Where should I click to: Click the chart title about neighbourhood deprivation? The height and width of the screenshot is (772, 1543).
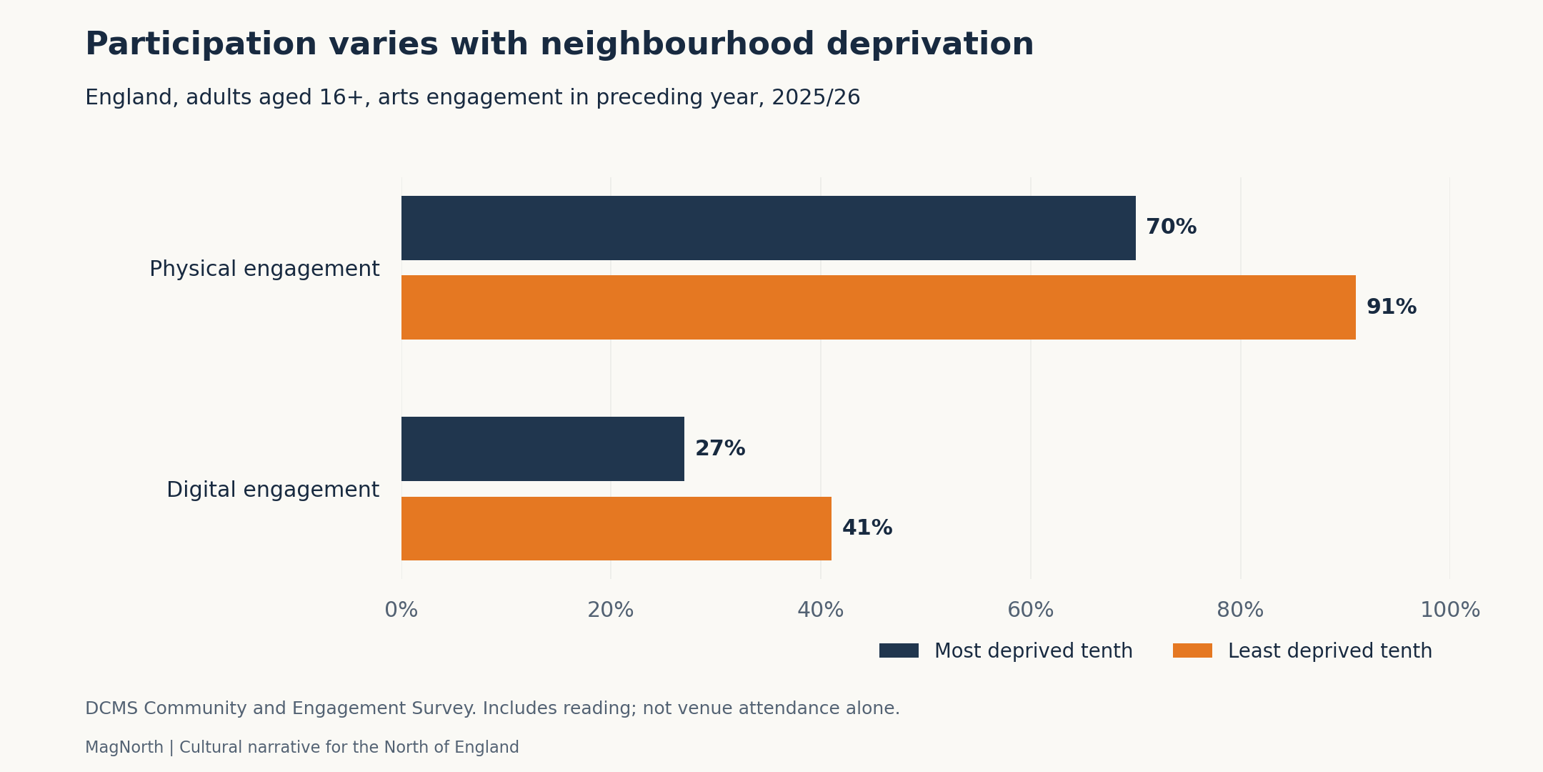point(559,44)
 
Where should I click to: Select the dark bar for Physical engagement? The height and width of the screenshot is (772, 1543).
point(768,228)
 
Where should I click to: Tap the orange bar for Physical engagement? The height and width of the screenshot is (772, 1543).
point(878,307)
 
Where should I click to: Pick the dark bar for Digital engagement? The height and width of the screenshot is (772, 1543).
point(542,449)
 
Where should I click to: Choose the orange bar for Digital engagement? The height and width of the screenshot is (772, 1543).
point(616,528)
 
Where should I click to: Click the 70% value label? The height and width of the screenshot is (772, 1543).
point(1171,227)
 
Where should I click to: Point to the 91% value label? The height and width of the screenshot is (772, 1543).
point(1391,307)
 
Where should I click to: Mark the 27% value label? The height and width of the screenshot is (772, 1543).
point(720,449)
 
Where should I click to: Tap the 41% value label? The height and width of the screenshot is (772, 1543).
point(867,528)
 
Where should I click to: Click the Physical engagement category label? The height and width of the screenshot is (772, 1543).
point(264,269)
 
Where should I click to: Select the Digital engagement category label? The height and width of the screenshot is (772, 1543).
point(273,490)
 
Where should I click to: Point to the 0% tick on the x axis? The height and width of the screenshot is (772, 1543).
point(401,610)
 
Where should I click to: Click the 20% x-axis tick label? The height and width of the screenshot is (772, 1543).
point(611,610)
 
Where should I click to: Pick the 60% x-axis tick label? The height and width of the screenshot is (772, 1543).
point(1031,610)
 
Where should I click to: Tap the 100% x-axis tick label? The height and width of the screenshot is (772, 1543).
point(1450,610)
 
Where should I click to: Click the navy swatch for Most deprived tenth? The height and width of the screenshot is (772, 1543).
point(899,650)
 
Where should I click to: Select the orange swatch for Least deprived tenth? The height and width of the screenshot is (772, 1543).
point(1192,650)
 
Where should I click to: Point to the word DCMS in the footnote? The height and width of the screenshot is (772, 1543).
point(111,708)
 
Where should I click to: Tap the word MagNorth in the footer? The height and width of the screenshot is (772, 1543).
point(124,748)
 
